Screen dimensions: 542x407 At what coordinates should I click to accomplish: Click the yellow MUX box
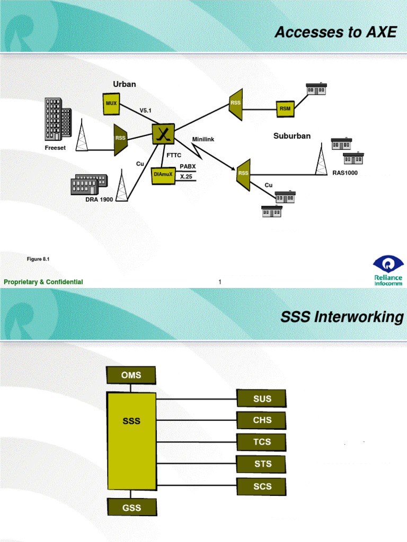point(111,104)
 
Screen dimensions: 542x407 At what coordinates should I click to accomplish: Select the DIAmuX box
point(163,174)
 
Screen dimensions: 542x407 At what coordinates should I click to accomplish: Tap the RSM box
point(285,109)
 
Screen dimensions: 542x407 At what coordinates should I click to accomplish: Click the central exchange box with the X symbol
point(163,133)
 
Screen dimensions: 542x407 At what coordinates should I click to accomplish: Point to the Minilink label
point(203,139)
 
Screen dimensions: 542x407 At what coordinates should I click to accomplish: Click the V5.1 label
point(146,110)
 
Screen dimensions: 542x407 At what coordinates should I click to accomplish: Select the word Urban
point(125,84)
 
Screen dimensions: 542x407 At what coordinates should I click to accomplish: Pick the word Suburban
point(292,136)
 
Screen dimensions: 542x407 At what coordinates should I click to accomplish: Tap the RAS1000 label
point(345,173)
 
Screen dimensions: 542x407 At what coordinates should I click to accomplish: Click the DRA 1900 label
point(99,200)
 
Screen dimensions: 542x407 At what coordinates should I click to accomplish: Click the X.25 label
point(186,176)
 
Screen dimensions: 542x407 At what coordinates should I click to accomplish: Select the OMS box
point(131,375)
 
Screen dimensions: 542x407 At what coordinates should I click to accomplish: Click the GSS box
point(131,508)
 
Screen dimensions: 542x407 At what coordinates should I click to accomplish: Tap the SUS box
point(262,399)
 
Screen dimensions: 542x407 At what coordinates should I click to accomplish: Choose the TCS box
point(262,442)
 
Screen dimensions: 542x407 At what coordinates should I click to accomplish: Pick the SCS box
point(262,486)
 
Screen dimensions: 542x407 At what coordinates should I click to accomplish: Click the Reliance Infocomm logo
point(388,270)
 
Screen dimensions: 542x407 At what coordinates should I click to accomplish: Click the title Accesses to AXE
point(335,32)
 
